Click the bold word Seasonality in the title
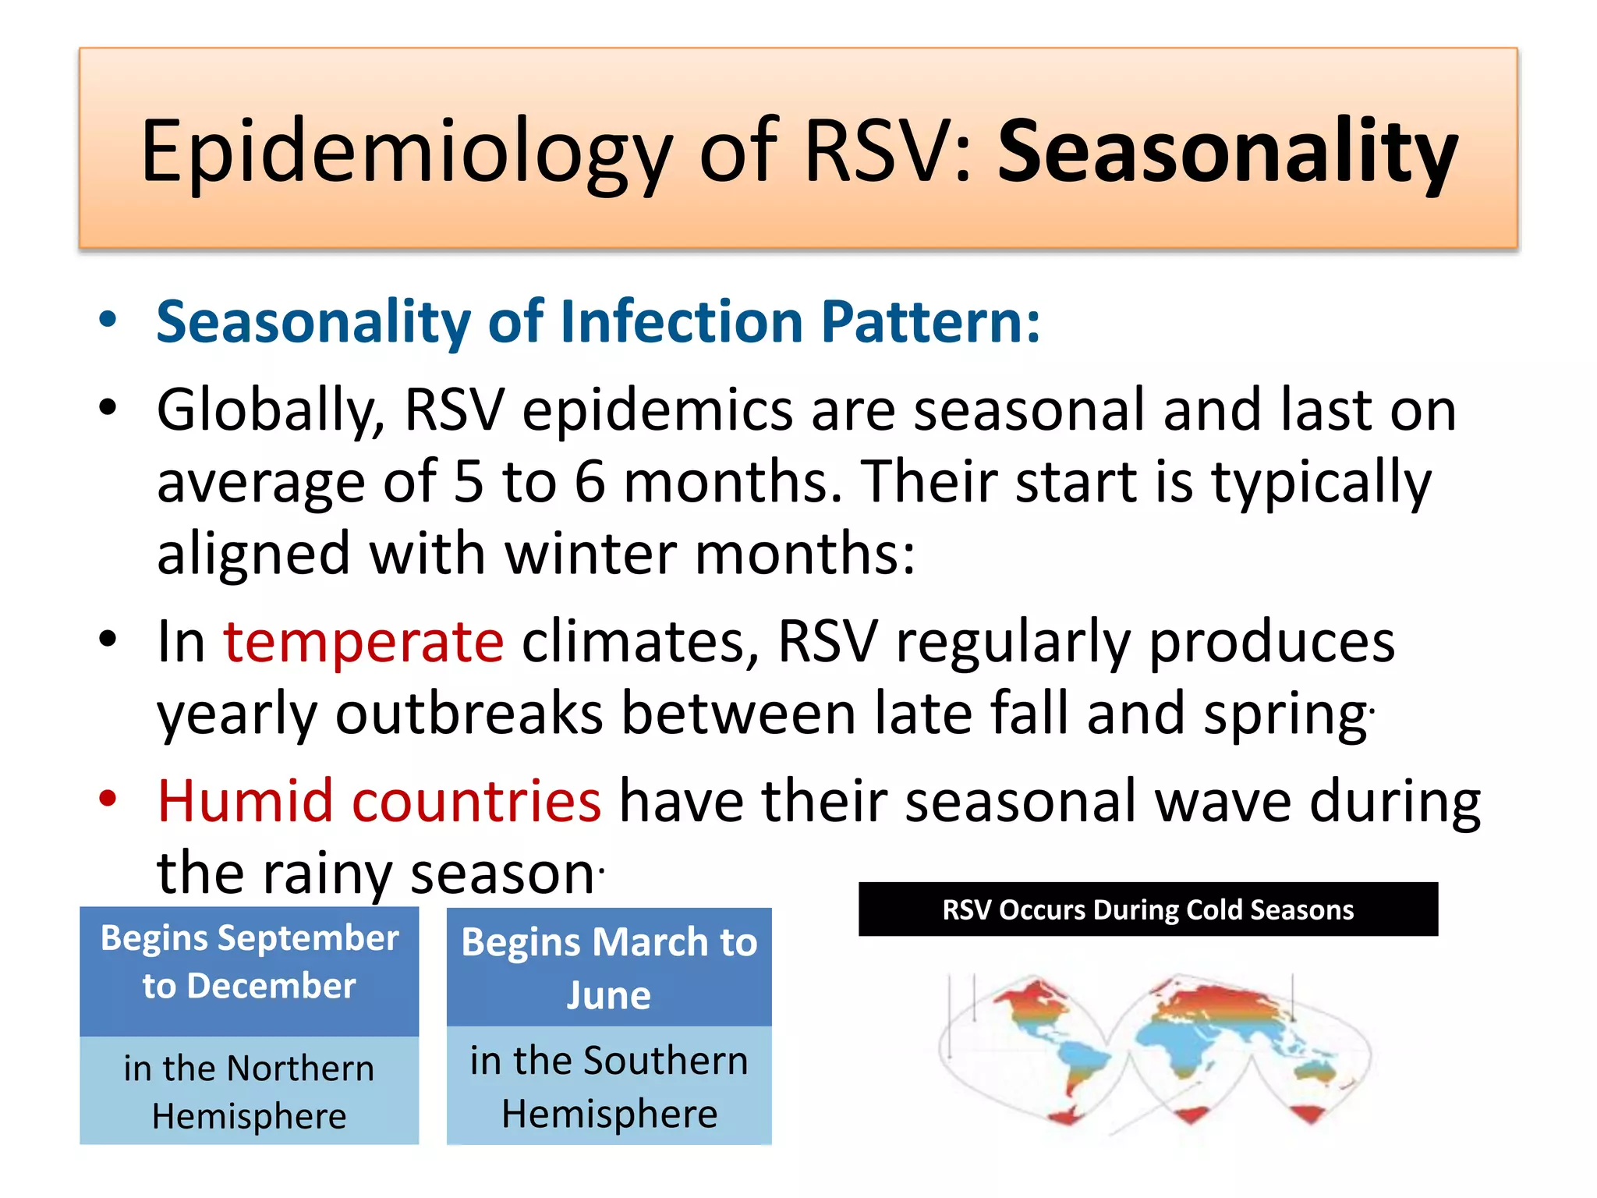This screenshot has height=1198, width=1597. tap(1227, 152)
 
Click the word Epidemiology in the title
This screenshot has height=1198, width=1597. tap(405, 152)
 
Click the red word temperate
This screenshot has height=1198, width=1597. tap(363, 641)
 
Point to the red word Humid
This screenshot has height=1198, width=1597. tap(245, 801)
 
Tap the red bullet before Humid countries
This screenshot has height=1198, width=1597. tap(108, 799)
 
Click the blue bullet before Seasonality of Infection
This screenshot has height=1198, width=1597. tap(108, 320)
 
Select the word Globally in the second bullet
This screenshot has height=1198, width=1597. tap(269, 411)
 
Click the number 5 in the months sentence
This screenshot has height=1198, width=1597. tap(468, 482)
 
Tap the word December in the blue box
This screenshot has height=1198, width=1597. tap(271, 987)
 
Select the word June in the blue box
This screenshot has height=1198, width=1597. tap(608, 996)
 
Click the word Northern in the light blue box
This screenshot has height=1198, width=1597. tap(300, 1069)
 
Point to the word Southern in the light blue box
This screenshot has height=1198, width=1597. tap(665, 1061)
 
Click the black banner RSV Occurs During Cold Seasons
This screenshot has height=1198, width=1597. tap(1147, 909)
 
